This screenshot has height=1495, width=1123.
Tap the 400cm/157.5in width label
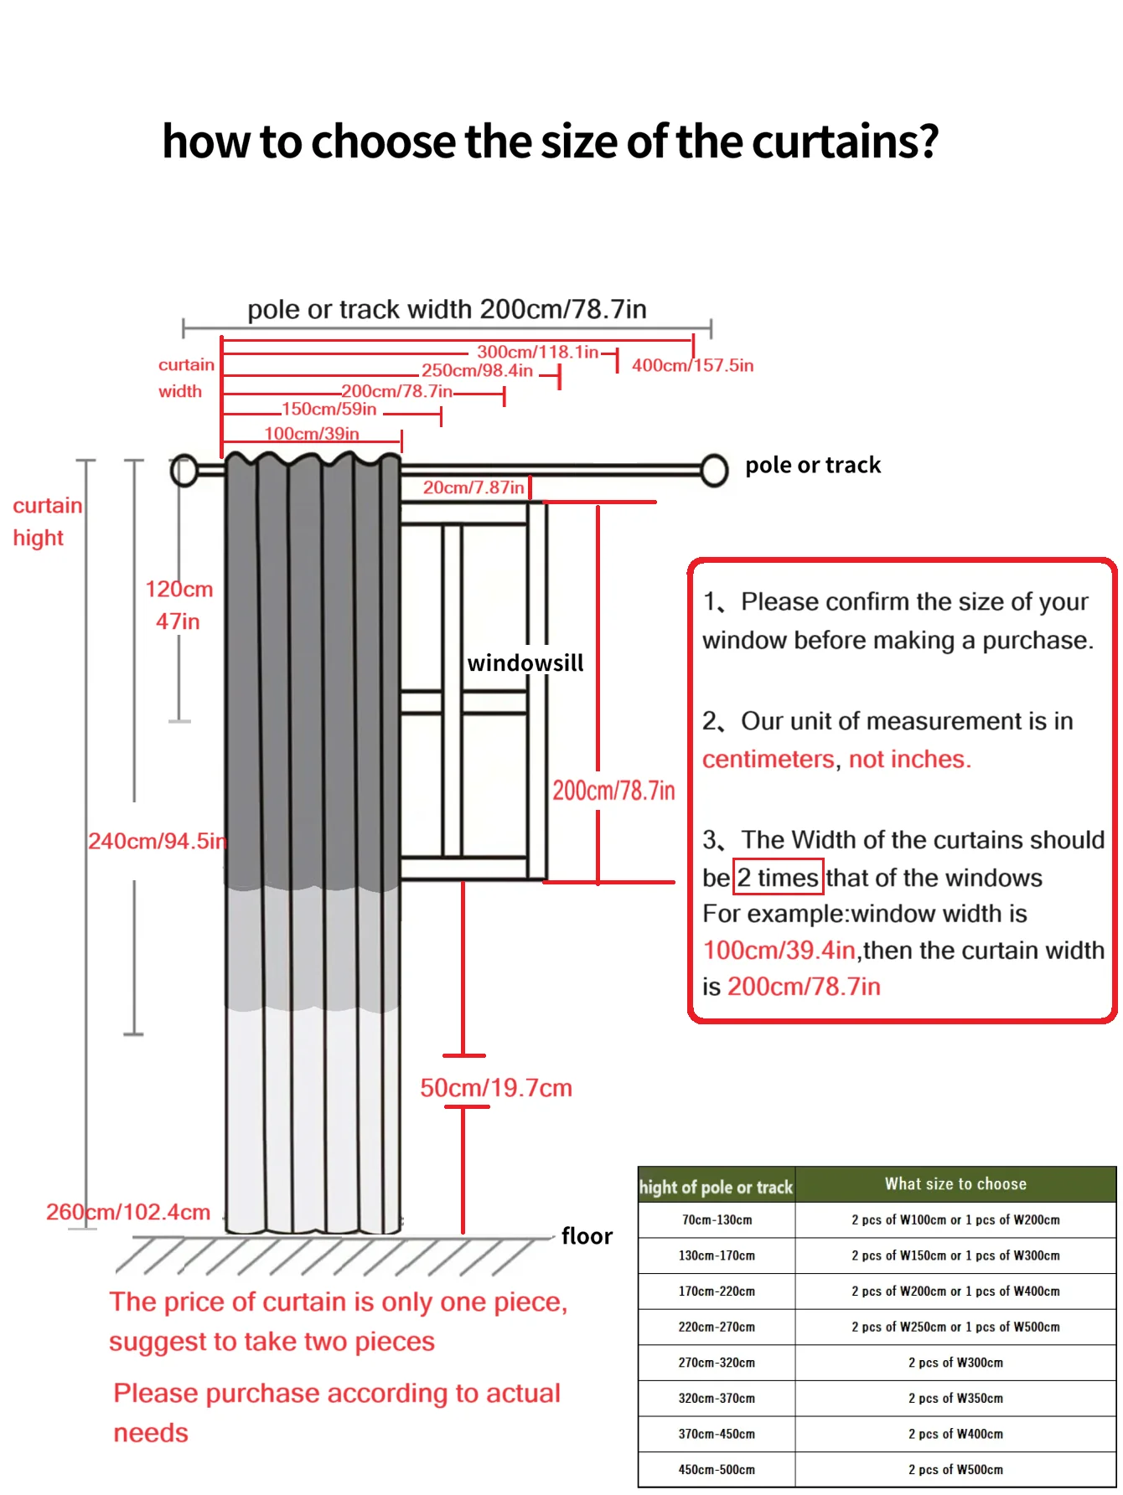click(x=692, y=365)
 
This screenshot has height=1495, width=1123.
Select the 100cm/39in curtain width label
click(x=312, y=434)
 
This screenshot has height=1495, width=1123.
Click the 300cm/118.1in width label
click(x=537, y=352)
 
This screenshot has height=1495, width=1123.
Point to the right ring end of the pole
click(x=714, y=470)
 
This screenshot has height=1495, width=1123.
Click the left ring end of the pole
click(x=184, y=471)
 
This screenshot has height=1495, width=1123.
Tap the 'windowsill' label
click(x=525, y=663)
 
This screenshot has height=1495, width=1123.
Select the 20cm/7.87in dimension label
click(x=474, y=487)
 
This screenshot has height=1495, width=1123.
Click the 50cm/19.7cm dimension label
click(x=496, y=1088)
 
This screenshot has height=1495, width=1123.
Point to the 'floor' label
click(x=587, y=1236)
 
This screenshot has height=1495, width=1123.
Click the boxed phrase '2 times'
click(x=778, y=878)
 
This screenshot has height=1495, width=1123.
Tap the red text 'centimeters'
click(x=769, y=759)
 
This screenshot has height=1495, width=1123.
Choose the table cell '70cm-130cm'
click(x=717, y=1220)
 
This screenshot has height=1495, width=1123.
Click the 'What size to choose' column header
click(x=955, y=1184)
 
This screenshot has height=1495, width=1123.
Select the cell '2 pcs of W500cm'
click(x=955, y=1470)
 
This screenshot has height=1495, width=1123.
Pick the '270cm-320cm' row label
click(x=717, y=1363)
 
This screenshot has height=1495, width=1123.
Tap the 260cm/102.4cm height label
click(x=128, y=1212)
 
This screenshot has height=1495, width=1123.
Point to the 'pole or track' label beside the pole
click(x=813, y=466)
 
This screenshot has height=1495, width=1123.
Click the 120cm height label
click(x=179, y=590)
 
